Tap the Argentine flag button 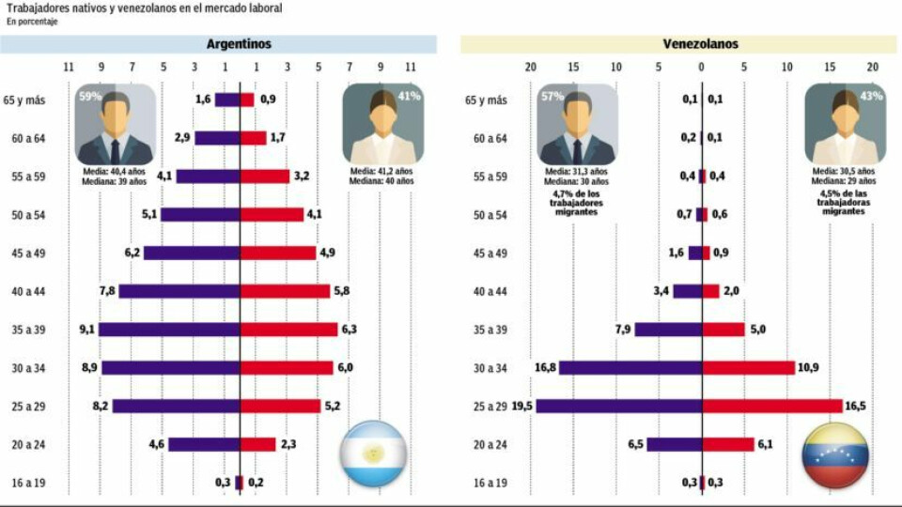[374, 453]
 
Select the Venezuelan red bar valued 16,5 [772, 407]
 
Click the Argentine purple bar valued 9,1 [169, 330]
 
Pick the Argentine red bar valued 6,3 [288, 330]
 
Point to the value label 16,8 [546, 368]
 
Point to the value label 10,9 [808, 368]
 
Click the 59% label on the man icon [90, 97]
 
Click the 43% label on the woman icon [871, 97]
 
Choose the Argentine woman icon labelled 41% [382, 124]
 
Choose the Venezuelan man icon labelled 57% [577, 124]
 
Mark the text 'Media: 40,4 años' [114, 173]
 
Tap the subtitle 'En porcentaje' [31, 22]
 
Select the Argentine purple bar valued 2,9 [217, 138]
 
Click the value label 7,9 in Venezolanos [622, 330]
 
